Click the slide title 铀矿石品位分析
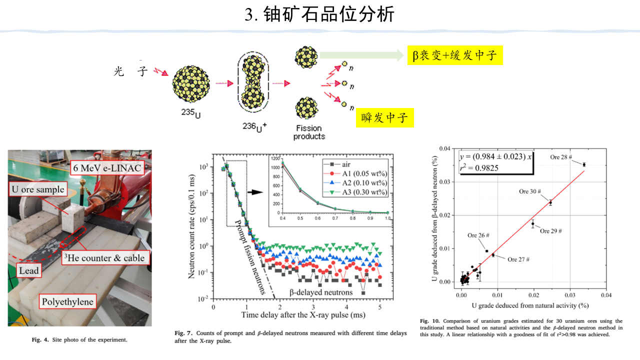pos(319,14)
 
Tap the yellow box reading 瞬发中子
pos(384,118)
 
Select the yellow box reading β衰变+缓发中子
pos(454,55)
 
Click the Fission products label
pos(308,132)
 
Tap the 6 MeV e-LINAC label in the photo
pos(107,167)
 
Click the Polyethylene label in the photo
pos(67,301)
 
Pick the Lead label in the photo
pos(28,271)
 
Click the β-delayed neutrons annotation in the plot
pos(321,292)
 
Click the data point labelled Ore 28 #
pos(583,164)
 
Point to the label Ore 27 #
pos(518,259)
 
